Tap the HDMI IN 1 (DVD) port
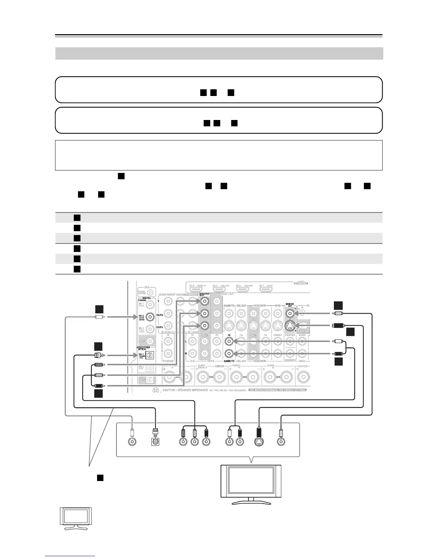[265, 151]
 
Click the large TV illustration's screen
[251, 482]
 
